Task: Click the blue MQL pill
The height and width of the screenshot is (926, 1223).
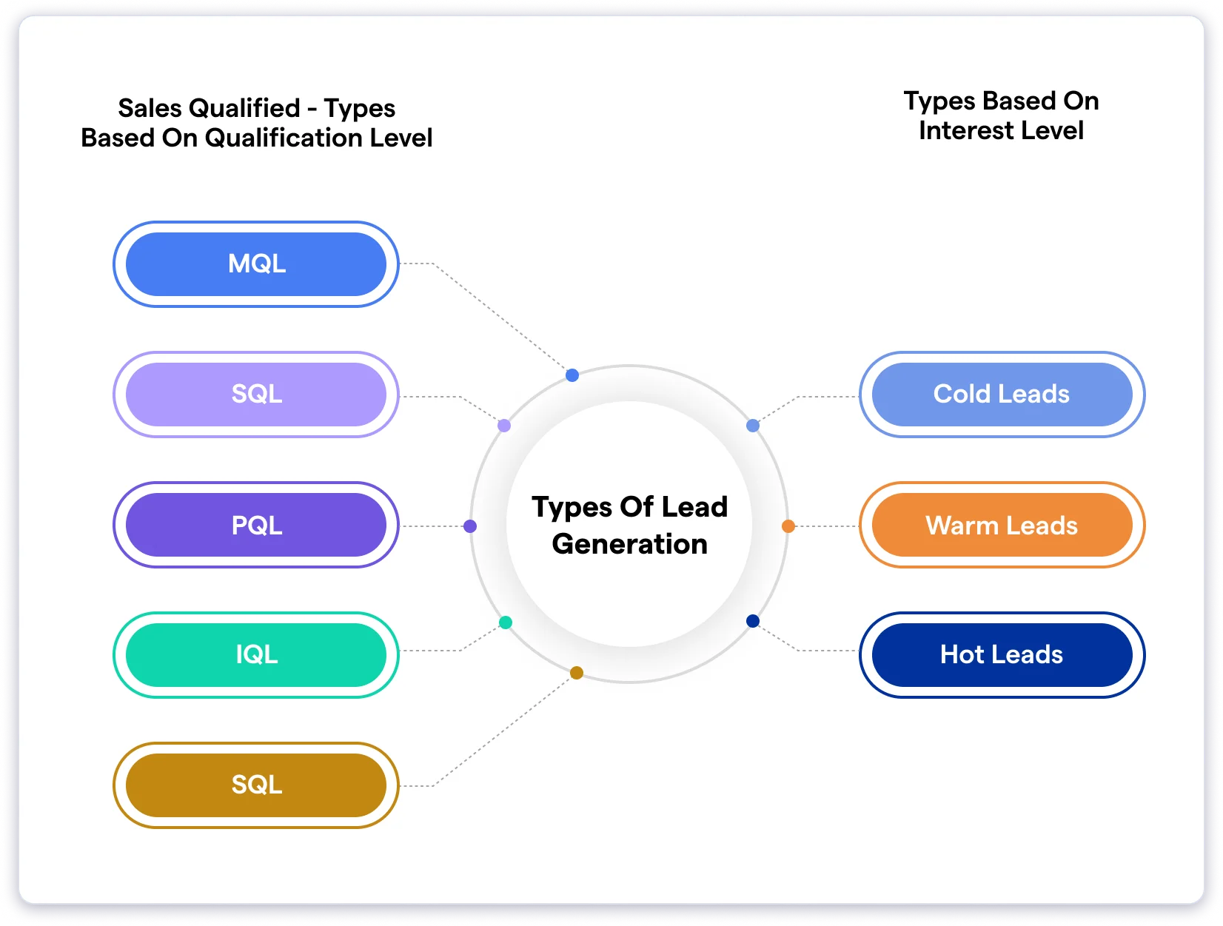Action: [256, 264]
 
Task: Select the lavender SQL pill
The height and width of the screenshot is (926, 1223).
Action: [256, 395]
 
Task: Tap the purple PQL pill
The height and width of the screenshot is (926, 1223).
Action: [256, 525]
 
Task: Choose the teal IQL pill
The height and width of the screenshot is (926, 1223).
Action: [256, 655]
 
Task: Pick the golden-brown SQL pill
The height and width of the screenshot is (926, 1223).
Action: [256, 785]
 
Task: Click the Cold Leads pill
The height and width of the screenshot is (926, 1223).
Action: [1002, 395]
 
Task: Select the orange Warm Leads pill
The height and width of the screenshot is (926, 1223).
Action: [1002, 525]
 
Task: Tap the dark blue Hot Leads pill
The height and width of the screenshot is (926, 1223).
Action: [1002, 655]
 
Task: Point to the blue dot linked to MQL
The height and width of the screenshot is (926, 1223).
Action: [572, 375]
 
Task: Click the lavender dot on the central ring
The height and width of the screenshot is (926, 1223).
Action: [504, 426]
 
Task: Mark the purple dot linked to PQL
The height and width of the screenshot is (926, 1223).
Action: [470, 526]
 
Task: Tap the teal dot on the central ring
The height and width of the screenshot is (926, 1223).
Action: [506, 623]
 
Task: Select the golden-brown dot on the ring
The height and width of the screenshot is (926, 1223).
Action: [577, 673]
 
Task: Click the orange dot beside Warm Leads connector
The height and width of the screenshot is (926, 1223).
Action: [788, 526]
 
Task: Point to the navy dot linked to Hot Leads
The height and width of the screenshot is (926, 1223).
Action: [753, 621]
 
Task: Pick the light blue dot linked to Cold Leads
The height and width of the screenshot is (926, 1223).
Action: [753, 426]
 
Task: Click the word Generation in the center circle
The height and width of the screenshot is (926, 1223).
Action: [629, 545]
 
